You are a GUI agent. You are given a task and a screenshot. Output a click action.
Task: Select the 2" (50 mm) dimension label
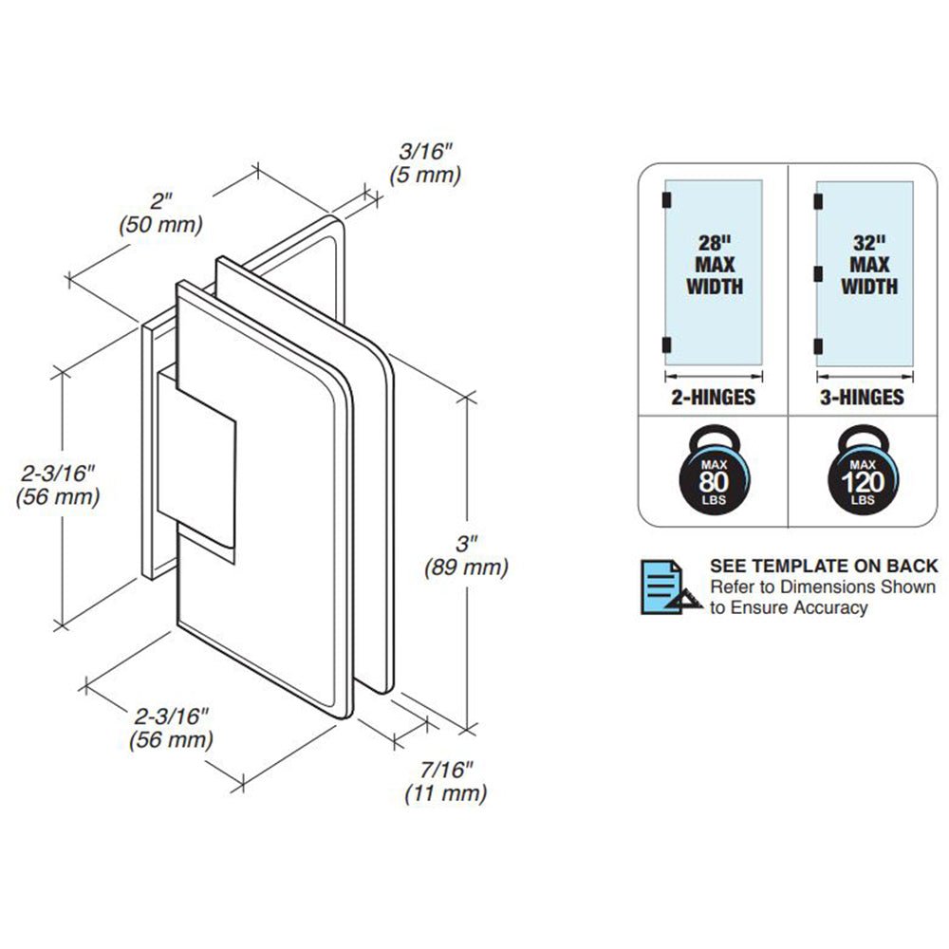(x=161, y=213)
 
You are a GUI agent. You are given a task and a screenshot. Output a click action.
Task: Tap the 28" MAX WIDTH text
(x=714, y=265)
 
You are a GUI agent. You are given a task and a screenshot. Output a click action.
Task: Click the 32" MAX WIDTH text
(x=867, y=265)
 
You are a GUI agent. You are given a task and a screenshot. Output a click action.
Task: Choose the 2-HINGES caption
(x=713, y=398)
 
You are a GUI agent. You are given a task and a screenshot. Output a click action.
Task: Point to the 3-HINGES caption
(x=862, y=398)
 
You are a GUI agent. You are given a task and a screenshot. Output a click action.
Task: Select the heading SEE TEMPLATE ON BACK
(x=824, y=566)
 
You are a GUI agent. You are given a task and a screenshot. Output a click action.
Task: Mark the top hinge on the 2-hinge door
(x=665, y=199)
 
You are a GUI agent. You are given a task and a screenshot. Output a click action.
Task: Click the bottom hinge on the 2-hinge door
(x=665, y=344)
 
